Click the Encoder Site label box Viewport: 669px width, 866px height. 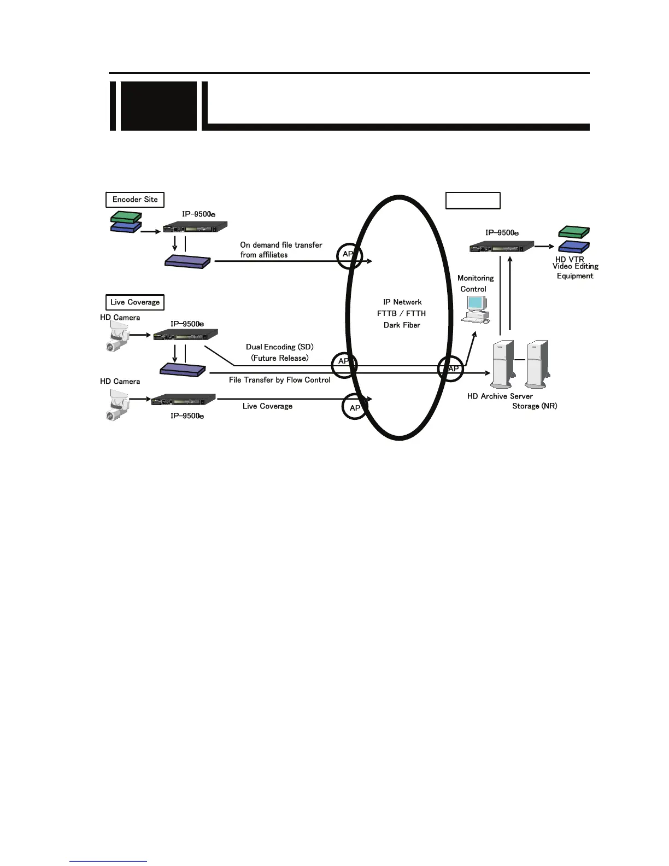135,200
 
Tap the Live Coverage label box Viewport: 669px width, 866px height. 135,302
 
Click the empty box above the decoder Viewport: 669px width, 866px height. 473,201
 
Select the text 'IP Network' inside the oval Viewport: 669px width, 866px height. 402,302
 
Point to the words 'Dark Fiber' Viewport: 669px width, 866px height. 402,325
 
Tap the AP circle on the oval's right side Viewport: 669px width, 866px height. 451,368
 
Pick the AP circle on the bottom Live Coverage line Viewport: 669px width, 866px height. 355,407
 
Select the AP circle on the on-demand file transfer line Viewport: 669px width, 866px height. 349,255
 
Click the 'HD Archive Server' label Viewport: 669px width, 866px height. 500,396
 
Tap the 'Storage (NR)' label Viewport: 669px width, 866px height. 535,406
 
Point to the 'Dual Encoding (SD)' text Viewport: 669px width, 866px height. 279,347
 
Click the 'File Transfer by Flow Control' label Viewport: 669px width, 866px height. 279,380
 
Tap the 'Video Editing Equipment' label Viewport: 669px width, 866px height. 575,271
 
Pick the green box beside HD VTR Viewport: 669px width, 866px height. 573,232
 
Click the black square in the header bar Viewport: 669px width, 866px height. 158,106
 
